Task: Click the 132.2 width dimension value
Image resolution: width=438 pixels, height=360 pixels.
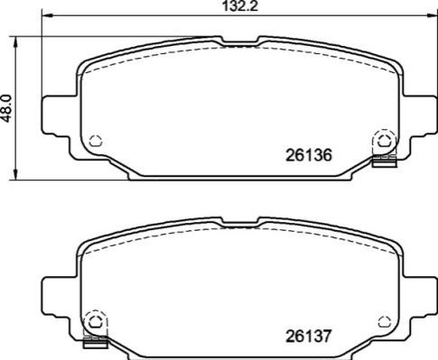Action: pyautogui.click(x=240, y=6)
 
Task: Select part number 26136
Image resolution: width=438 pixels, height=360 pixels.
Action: pyautogui.click(x=309, y=155)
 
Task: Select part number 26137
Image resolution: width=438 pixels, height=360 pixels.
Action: pyautogui.click(x=308, y=336)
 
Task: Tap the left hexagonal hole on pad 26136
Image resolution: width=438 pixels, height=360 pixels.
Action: pyautogui.click(x=96, y=141)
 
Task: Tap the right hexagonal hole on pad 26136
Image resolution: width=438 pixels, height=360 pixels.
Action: pyautogui.click(x=383, y=141)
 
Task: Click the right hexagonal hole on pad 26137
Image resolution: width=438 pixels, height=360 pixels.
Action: pyautogui.click(x=384, y=322)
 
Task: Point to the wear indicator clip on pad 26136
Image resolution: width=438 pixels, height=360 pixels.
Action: pyautogui.click(x=384, y=161)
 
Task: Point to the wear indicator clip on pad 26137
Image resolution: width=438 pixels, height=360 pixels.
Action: pyautogui.click(x=95, y=342)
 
